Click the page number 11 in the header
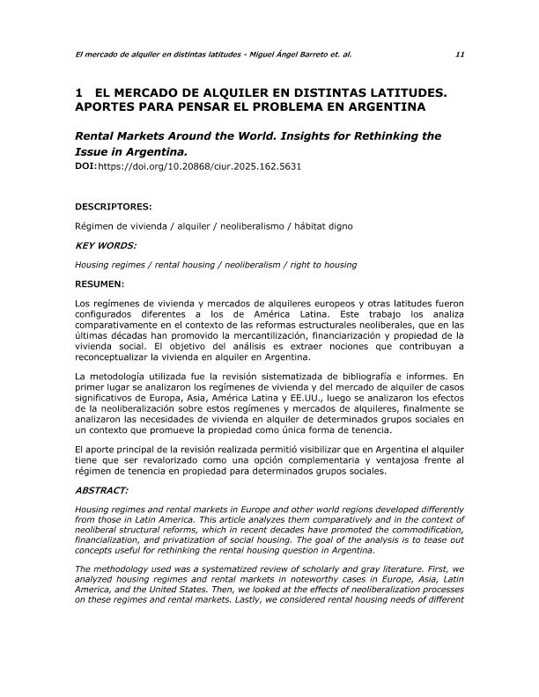pos(460,54)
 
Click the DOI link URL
pos(199,165)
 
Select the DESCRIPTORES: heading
pos(114,208)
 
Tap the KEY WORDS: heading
pos(106,246)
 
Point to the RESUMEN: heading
pos(100,283)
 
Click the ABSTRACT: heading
pos(103,490)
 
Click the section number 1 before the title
pos(79,92)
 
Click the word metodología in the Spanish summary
pos(116,377)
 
